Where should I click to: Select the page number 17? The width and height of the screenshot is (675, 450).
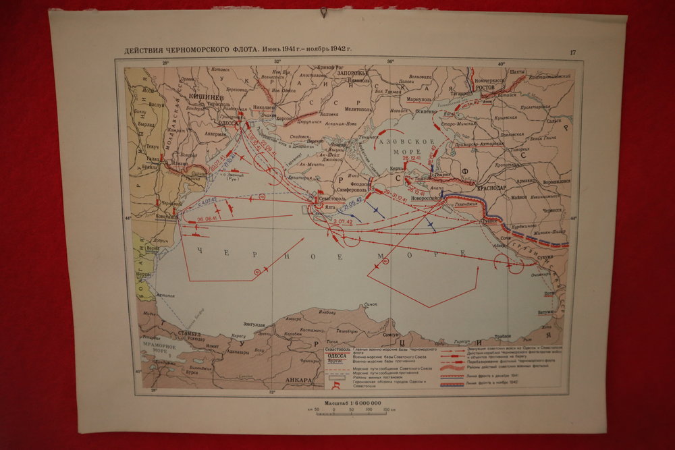pyautogui.click(x=573, y=52)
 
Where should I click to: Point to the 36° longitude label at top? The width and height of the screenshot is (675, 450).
pyautogui.click(x=389, y=62)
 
